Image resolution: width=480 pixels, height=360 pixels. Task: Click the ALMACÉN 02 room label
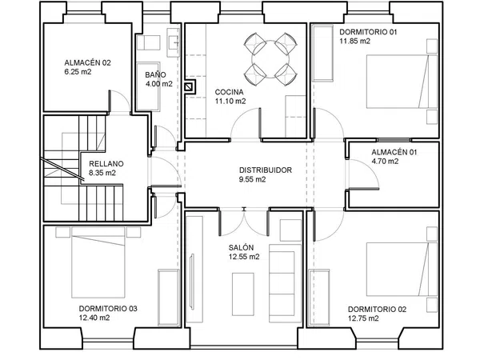coord(87,63)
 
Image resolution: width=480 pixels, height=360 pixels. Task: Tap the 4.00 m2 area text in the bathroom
coord(159,84)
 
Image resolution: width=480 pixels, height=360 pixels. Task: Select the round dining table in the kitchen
coord(270,59)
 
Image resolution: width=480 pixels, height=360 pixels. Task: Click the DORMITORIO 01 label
coord(368,32)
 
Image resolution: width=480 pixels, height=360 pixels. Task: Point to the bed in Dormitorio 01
coord(402,82)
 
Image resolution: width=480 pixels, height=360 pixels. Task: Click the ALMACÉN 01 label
coord(394,152)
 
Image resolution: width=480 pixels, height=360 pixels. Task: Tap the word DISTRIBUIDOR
coord(266,170)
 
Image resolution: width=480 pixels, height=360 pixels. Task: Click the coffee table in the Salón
coord(243,294)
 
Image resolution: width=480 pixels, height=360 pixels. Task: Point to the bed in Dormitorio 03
coord(98,262)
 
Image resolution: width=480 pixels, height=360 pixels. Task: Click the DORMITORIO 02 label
coord(377,310)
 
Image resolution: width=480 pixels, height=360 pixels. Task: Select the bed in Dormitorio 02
coord(402,270)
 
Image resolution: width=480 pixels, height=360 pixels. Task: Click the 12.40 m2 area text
coord(94,318)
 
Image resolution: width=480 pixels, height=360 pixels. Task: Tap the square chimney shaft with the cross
coord(190,87)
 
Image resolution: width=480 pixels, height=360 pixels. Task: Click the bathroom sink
coord(174,42)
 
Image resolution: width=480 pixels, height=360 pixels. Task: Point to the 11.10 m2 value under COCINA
coord(230,102)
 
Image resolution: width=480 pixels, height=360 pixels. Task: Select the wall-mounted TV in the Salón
coord(192,282)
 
